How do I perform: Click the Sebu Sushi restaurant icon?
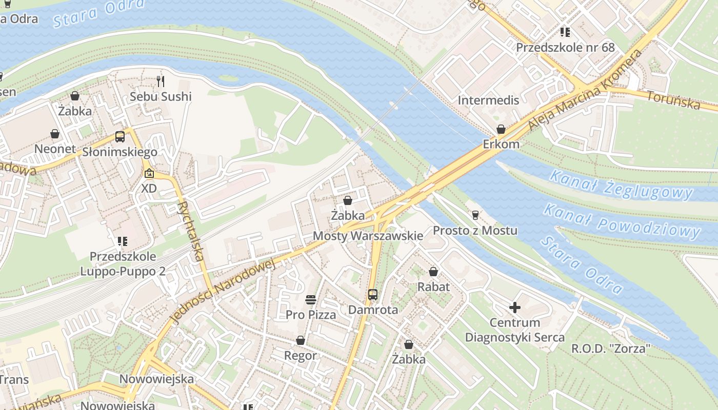[x=161, y=81]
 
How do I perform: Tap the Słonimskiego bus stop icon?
[x=120, y=137]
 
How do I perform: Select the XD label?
[x=149, y=188]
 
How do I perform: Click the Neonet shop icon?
[x=55, y=134]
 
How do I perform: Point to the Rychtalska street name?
[x=189, y=231]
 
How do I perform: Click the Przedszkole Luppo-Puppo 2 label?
[x=123, y=263]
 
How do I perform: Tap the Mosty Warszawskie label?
[x=368, y=236]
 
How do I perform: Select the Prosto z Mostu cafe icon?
[x=475, y=215]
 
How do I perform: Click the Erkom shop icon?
[x=501, y=129]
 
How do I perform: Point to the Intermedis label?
[x=488, y=100]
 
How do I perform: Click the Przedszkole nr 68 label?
[x=565, y=48]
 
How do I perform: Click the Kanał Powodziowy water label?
[x=621, y=221]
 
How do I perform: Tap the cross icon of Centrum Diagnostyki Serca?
[x=514, y=307]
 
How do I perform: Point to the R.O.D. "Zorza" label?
[x=611, y=348]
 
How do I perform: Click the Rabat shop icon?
[x=433, y=272]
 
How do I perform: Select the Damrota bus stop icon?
[x=373, y=295]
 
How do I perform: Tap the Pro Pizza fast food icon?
[x=311, y=299]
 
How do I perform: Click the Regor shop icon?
[x=301, y=340]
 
